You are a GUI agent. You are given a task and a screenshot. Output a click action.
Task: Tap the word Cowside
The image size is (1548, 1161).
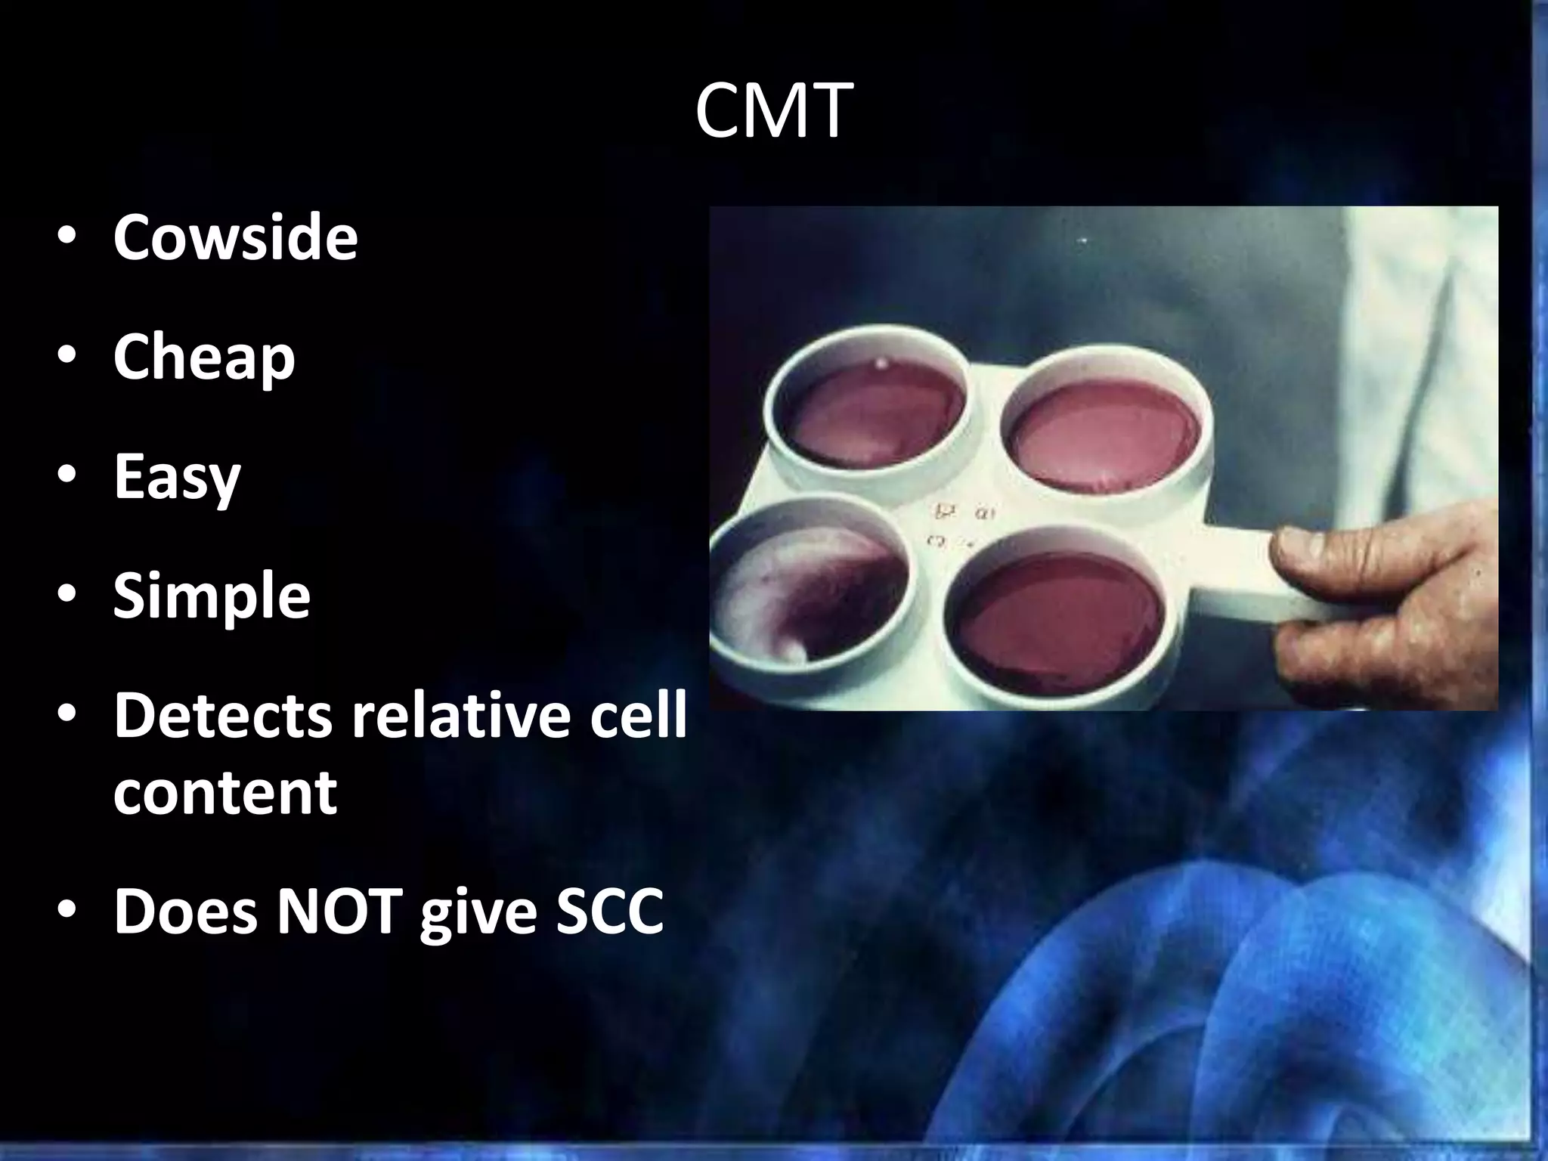point(235,237)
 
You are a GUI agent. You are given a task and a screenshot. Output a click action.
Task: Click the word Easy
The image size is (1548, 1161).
point(177,478)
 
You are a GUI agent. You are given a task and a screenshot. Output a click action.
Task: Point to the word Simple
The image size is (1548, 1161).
point(212,597)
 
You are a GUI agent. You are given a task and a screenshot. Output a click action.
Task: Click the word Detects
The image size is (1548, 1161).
point(223,717)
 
